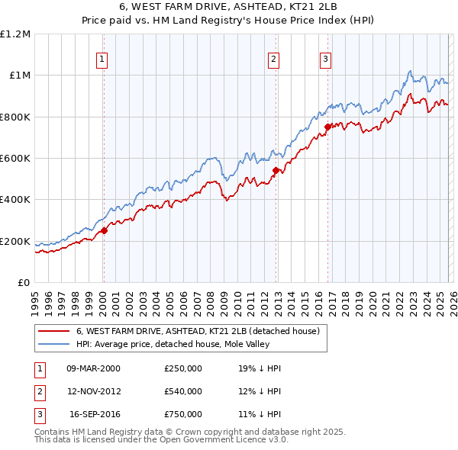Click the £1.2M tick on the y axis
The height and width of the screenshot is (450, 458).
coord(15,34)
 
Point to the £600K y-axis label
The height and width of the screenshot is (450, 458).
coord(15,159)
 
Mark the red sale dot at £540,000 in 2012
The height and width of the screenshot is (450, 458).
coord(276,171)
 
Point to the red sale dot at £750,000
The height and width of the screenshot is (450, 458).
coord(327,127)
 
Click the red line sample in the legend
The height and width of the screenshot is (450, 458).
coord(53,331)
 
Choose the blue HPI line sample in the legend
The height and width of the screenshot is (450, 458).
coord(53,344)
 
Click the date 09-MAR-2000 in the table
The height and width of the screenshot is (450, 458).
coord(93,368)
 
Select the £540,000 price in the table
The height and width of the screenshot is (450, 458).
coord(183,391)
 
